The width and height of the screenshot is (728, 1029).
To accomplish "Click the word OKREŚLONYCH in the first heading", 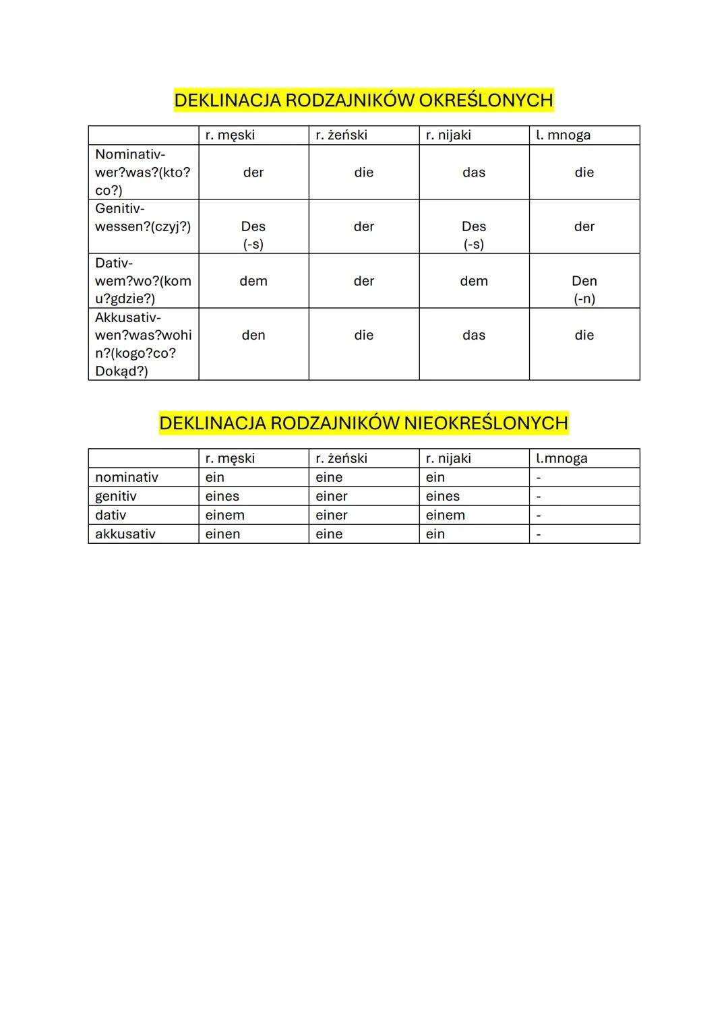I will [x=485, y=100].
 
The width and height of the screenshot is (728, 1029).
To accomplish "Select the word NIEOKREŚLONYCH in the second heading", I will [x=485, y=423].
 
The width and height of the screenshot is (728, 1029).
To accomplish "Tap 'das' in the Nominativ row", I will [x=474, y=173].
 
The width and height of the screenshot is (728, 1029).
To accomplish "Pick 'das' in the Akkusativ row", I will [x=474, y=336].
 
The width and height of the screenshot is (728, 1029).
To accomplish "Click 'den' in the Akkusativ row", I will [x=253, y=336].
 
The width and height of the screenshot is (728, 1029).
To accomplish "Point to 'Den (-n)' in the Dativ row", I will [x=584, y=289].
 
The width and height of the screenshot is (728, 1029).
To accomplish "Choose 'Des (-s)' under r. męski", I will [x=253, y=235].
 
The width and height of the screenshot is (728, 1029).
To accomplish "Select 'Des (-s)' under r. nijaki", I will [x=474, y=235].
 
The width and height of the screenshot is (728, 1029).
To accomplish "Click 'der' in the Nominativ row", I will [x=253, y=173].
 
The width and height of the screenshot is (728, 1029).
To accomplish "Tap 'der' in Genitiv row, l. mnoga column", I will [x=584, y=227].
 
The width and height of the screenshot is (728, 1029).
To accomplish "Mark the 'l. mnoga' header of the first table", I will [x=564, y=135].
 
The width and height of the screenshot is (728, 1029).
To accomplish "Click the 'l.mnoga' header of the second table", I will [x=562, y=459].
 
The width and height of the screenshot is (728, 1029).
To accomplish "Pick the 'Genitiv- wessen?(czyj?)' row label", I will [x=143, y=218].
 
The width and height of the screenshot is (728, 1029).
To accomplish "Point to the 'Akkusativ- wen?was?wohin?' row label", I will [x=143, y=344].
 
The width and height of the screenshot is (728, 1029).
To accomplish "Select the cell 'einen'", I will [x=223, y=534].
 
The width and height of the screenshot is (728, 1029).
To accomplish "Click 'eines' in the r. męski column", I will [x=222, y=497].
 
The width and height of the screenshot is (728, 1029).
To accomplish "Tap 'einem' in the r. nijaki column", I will [x=446, y=516].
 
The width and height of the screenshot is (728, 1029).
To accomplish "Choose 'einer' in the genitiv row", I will [x=332, y=497].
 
